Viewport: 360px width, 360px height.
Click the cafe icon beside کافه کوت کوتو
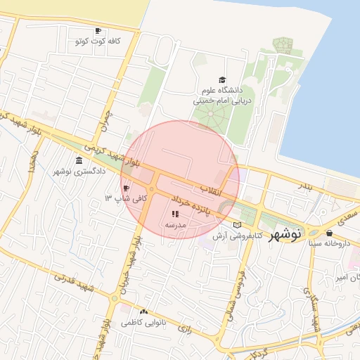pos(98,30)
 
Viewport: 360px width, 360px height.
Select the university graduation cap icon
pos(222,80)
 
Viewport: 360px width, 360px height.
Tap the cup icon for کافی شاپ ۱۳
pos(127,188)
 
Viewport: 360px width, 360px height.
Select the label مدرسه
pos(174,224)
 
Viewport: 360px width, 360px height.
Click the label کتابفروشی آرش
pos(246,236)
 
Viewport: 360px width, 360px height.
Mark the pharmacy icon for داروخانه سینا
pos(329,232)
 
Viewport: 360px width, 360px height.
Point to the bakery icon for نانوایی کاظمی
pos(144,311)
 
